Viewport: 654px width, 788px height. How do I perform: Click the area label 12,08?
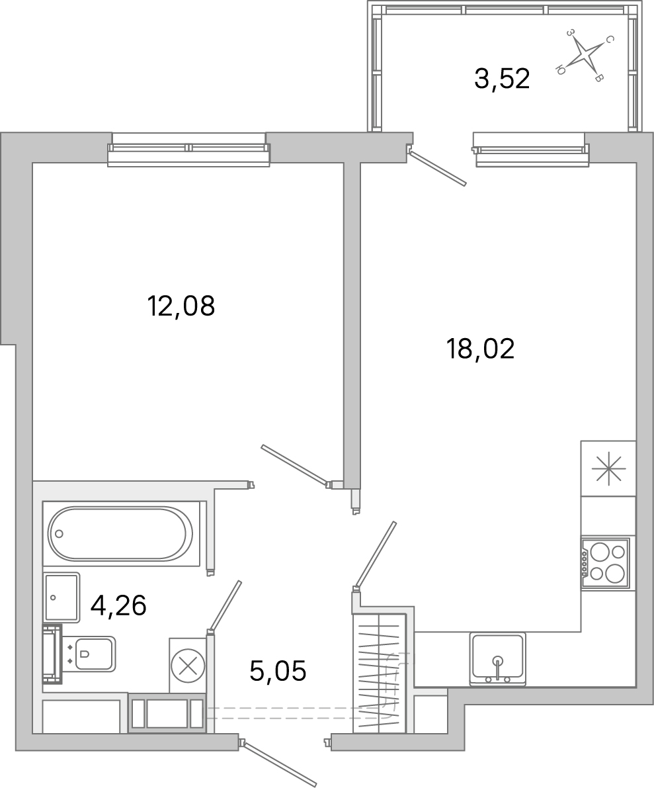point(181,306)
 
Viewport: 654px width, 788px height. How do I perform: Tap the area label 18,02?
point(480,349)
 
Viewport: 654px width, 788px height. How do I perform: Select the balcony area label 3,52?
point(502,79)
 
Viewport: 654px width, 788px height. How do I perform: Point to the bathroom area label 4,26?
point(118,605)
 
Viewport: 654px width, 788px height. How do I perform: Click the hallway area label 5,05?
point(278,672)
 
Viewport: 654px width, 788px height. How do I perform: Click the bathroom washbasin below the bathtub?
point(61,597)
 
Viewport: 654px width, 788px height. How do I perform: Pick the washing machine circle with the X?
point(188,665)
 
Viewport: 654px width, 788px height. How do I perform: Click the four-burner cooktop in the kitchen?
point(605,563)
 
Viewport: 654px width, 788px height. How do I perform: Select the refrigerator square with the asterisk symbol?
point(608,468)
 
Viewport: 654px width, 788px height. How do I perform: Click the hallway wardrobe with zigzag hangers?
point(379,673)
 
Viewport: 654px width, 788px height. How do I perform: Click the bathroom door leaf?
point(225,605)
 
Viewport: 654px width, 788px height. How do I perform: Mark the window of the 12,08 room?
point(189,150)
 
